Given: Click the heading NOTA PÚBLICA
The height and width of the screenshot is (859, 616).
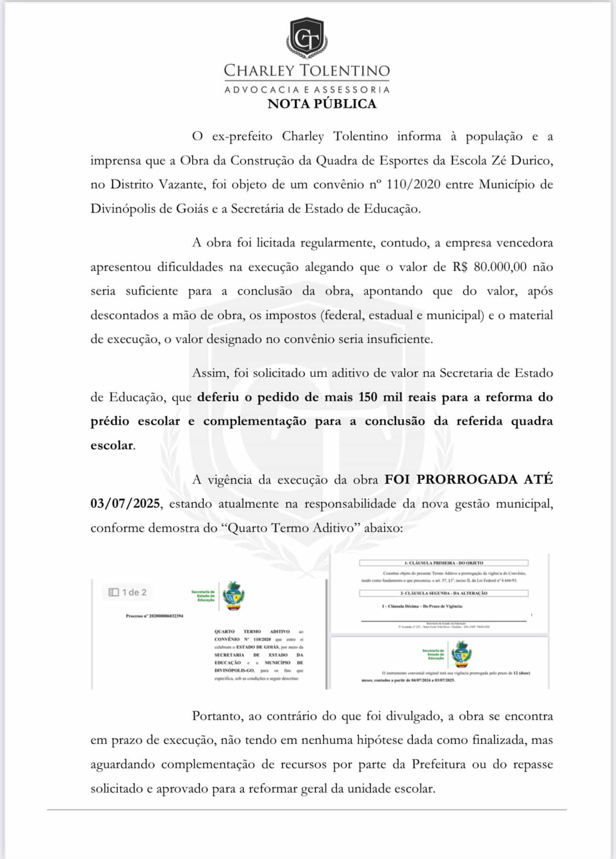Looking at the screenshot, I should (322, 104).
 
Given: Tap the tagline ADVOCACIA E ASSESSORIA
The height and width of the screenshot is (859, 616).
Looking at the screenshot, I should (307, 89).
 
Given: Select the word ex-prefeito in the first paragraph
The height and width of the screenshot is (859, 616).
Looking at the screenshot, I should (242, 136).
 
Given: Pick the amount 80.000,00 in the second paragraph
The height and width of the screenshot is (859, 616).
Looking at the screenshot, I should (500, 267).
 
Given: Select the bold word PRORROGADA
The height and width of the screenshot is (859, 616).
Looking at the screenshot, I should (467, 479).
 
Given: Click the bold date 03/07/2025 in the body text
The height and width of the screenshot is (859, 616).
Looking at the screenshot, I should (125, 503).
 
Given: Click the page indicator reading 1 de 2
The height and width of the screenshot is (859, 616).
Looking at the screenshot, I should (128, 592).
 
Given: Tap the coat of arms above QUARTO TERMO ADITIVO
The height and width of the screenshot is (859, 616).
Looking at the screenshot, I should (234, 596).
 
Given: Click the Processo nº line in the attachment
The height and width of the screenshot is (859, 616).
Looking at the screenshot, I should (154, 616).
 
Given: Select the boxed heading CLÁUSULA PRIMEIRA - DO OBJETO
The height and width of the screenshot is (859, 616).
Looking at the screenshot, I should (444, 563).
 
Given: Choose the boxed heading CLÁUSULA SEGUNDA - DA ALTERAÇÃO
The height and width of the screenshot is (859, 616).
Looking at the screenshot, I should (444, 593).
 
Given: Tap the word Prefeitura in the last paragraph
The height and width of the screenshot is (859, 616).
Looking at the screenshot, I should (438, 765).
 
